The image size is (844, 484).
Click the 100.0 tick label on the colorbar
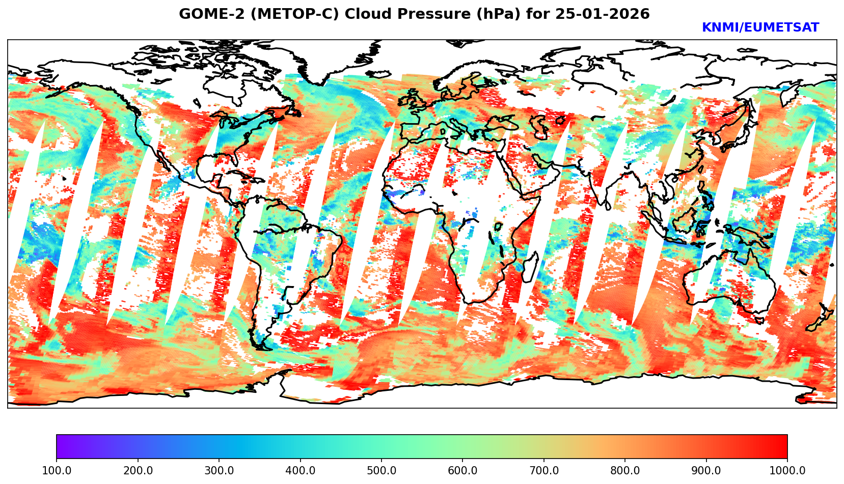(57, 471)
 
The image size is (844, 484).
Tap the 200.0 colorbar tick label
(138, 471)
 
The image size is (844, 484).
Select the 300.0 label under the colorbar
(219, 471)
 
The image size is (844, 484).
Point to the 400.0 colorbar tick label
(300, 471)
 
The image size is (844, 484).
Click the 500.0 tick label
(382, 471)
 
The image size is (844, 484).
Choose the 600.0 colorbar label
(462, 471)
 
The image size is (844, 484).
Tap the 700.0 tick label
(544, 471)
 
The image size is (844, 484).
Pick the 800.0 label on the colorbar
(625, 471)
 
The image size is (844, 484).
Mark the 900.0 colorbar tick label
(706, 471)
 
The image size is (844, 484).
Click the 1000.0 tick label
(787, 471)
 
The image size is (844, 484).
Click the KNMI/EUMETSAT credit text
(760, 28)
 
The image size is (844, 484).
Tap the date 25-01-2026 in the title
(603, 14)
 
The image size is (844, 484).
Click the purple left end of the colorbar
(60, 446)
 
